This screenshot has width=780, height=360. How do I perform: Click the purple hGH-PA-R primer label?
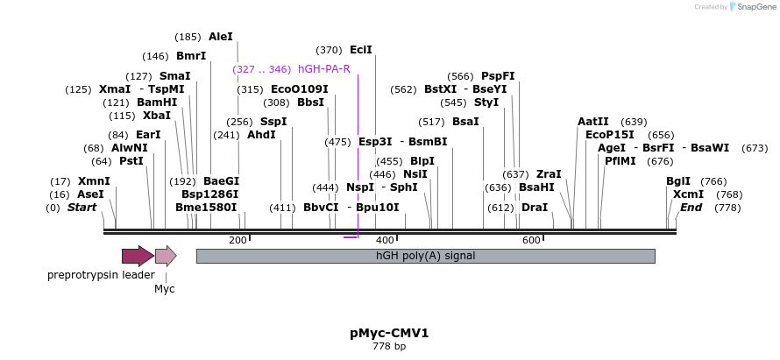click(324, 69)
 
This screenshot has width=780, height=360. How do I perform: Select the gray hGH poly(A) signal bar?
click(425, 256)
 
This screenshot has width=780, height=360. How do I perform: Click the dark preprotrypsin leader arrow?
click(138, 256)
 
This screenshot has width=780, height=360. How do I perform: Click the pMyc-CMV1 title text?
click(389, 333)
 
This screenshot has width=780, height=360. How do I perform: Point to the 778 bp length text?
click(389, 347)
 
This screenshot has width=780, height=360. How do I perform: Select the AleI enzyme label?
click(221, 37)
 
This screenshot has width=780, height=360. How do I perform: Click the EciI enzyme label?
click(361, 50)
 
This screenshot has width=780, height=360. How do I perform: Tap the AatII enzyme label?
click(593, 122)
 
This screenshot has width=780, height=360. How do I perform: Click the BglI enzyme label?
click(678, 181)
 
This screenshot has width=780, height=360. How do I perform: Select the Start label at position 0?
click(82, 208)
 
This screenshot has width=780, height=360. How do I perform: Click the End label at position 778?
click(691, 208)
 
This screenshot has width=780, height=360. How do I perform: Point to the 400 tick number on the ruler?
click(384, 240)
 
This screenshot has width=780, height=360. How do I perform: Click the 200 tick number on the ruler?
click(238, 240)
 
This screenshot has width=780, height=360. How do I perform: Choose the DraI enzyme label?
click(534, 208)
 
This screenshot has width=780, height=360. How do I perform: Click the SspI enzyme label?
click(273, 122)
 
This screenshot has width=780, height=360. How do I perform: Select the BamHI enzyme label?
click(157, 102)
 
